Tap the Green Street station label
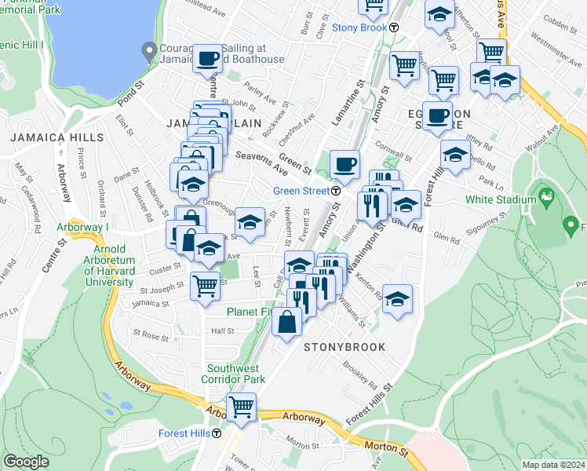[301, 191]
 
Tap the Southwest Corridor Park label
[236, 374]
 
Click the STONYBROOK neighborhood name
[345, 346]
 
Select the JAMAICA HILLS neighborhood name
[57, 137]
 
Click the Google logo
[26, 462]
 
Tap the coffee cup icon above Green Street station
[345, 164]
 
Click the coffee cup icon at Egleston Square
[437, 115]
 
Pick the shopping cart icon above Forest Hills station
[241, 407]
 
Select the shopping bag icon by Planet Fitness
[288, 321]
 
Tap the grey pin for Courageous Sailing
[150, 52]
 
